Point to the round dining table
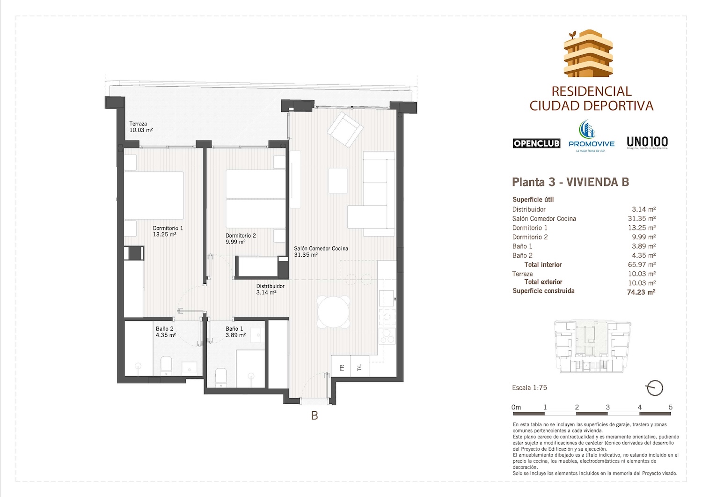(x=334, y=312)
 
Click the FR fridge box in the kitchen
(x=341, y=367)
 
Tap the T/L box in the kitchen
(x=359, y=367)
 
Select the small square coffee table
(x=338, y=180)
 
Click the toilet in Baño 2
(x=167, y=366)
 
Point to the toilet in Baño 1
(x=221, y=378)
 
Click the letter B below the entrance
(x=314, y=415)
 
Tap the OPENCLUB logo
(x=536, y=143)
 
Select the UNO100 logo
(x=647, y=142)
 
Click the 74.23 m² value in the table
(x=641, y=292)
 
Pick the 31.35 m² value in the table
(x=642, y=219)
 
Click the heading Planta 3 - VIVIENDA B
(x=570, y=182)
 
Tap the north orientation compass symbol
(x=654, y=388)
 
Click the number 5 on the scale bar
(x=670, y=407)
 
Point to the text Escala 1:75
(x=529, y=388)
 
